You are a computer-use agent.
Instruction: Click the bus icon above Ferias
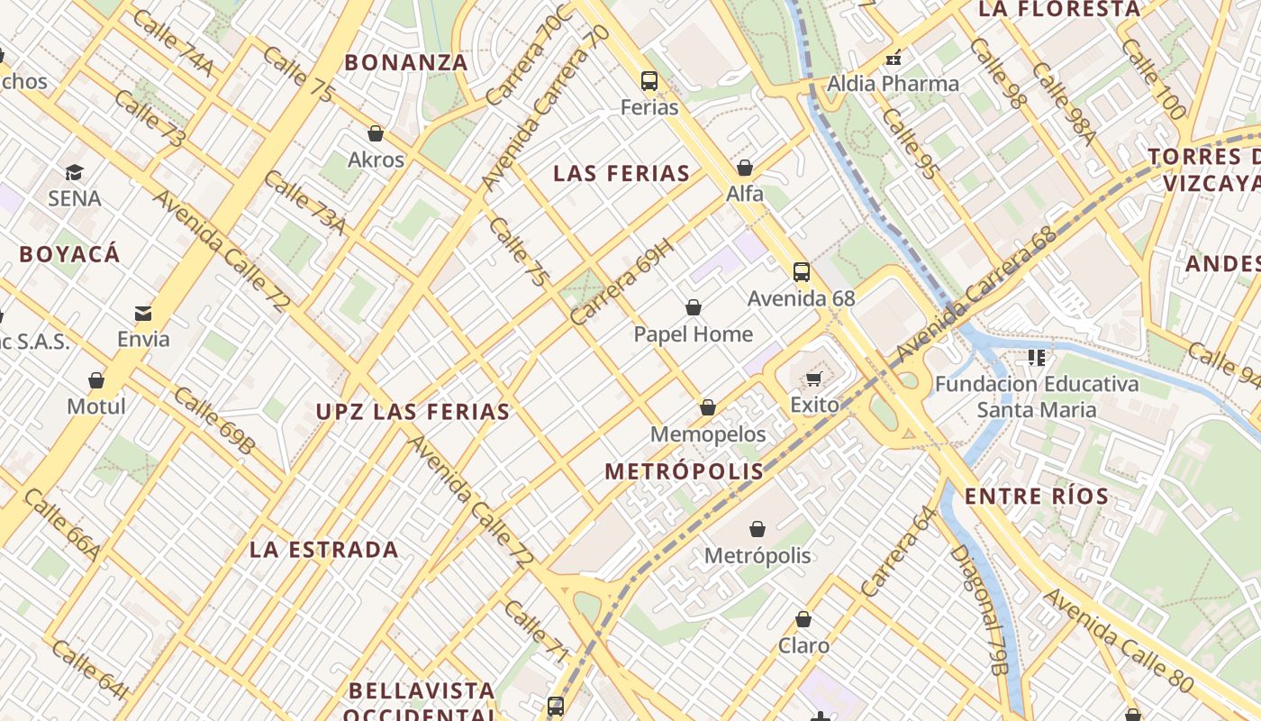[x=649, y=81]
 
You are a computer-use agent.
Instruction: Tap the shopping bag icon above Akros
[x=376, y=134]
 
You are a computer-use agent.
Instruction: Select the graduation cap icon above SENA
[x=74, y=172]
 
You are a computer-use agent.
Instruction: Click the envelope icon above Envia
[x=143, y=314]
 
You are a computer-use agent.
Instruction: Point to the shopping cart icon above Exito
[x=814, y=379]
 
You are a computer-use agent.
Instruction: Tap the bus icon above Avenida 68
[x=801, y=271]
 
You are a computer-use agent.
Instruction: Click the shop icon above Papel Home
[x=694, y=308]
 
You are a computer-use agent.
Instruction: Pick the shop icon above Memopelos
[x=708, y=408]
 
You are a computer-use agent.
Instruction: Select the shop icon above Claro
[x=803, y=620]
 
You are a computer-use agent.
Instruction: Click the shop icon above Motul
[x=96, y=380]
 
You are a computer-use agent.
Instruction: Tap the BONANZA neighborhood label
[x=406, y=63]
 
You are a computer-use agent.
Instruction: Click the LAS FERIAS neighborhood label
[x=621, y=174]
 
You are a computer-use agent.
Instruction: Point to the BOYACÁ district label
[x=69, y=254]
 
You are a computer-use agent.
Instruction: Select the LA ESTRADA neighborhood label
[x=324, y=550]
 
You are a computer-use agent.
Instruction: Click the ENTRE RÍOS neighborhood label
[x=1037, y=497]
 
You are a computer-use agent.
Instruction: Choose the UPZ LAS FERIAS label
[x=413, y=413]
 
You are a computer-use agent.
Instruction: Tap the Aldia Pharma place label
[x=894, y=85]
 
